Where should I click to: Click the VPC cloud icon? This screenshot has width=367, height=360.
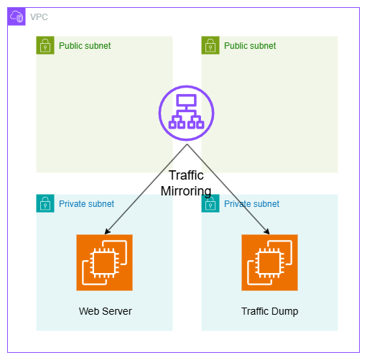[x=17, y=17]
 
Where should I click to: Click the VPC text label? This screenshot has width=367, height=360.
[x=39, y=17]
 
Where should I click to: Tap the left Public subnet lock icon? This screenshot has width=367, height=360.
[x=45, y=45]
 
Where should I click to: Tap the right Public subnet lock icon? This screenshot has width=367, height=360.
[x=210, y=45]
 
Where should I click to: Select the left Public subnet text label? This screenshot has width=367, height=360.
[x=85, y=46]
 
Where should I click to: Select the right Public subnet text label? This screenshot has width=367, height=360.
[x=250, y=46]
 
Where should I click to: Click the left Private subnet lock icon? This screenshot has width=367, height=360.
[x=45, y=203]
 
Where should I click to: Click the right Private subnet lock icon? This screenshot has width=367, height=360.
[x=210, y=203]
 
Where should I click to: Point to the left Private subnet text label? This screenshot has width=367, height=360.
[x=86, y=204]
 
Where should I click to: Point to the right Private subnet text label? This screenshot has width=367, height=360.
[x=251, y=204]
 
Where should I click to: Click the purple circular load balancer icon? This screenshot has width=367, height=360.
[x=186, y=113]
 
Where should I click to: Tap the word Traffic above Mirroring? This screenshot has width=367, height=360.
[x=186, y=175]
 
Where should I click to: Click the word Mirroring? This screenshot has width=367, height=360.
[x=186, y=191]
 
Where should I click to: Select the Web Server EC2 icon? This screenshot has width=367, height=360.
[x=104, y=262]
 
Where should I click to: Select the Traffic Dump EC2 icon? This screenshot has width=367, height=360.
[x=269, y=262]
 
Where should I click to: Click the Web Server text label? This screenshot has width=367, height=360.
[x=106, y=311]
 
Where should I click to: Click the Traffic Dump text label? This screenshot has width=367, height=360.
[x=269, y=311]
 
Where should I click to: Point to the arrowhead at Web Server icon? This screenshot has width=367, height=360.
[x=107, y=231]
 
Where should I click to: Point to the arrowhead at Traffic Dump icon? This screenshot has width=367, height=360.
[x=267, y=231]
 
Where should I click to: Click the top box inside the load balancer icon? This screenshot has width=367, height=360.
[x=186, y=100]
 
